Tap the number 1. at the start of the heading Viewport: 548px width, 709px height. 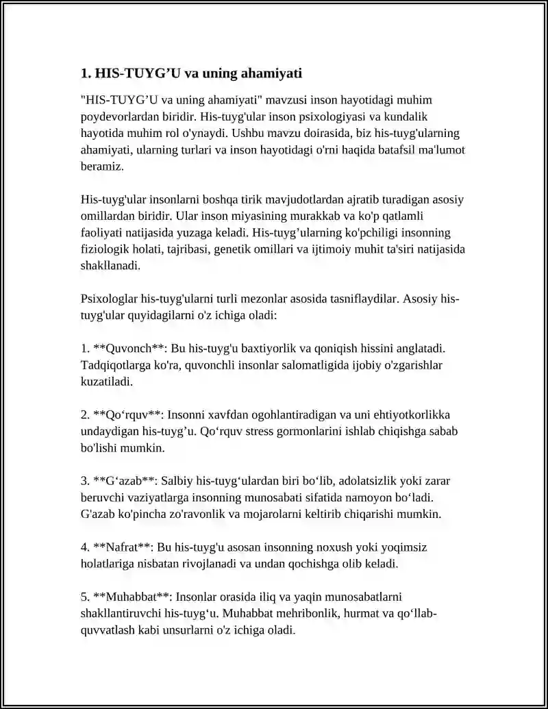click(86, 73)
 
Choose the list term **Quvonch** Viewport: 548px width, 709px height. click(128, 349)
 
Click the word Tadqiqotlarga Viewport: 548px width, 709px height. click(116, 366)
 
